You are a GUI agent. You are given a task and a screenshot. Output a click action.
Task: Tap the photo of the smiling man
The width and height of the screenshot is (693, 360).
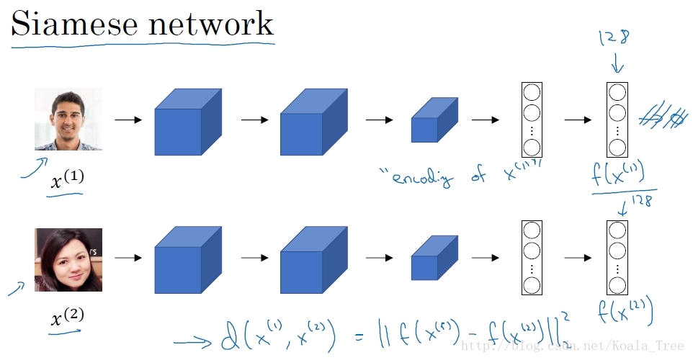[x=68, y=119]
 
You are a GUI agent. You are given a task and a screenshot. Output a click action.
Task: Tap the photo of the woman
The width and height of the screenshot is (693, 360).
[x=68, y=260]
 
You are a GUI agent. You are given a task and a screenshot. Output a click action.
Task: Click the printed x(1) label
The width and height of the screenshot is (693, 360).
[x=67, y=181]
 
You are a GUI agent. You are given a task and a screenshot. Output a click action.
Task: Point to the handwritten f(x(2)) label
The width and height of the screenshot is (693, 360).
[x=625, y=312]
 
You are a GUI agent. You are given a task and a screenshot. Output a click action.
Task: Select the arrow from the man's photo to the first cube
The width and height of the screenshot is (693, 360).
[x=128, y=120]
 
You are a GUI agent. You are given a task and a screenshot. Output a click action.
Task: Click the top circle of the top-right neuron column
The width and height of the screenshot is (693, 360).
[x=617, y=93]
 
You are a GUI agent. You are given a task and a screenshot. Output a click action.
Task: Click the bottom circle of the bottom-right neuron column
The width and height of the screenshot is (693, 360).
[x=617, y=286]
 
